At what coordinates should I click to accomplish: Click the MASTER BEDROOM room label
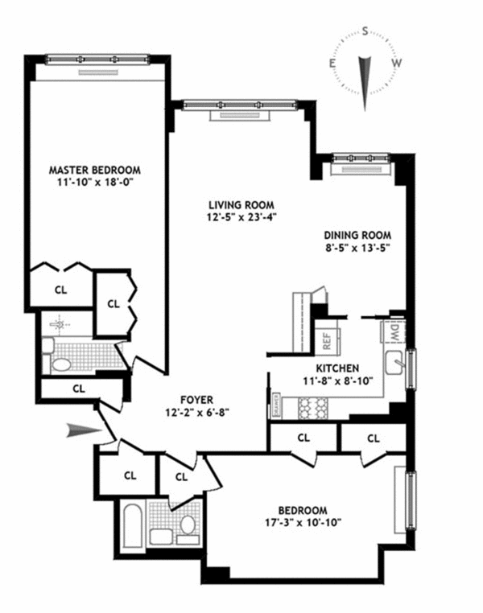[x=95, y=170]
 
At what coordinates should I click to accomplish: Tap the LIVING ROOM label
[x=241, y=204]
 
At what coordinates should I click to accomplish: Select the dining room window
[x=360, y=158]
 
